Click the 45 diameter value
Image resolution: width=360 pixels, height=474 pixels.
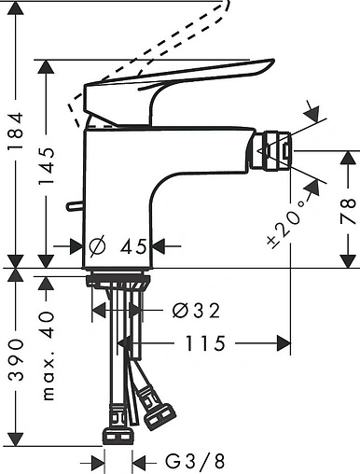click(134, 246)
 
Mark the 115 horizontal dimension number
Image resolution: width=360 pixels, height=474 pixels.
click(205, 343)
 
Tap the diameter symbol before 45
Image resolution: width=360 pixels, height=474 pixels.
click(97, 246)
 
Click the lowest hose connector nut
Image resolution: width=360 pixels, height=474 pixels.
click(116, 438)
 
